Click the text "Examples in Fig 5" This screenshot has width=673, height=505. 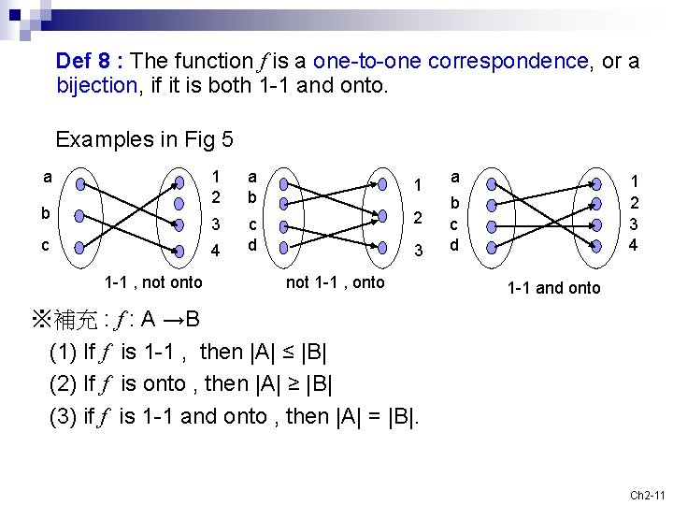click(x=144, y=140)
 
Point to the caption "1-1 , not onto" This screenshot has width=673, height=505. click(x=153, y=282)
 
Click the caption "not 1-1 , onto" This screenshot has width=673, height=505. click(x=335, y=282)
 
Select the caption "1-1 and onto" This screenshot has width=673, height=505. click(x=553, y=288)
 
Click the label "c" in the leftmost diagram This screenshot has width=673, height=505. click(x=46, y=245)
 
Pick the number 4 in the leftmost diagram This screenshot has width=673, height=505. click(x=216, y=251)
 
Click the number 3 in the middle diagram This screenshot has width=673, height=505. click(x=419, y=251)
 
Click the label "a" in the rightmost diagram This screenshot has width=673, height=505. click(x=455, y=177)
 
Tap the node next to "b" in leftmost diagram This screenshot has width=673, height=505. click(x=79, y=215)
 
